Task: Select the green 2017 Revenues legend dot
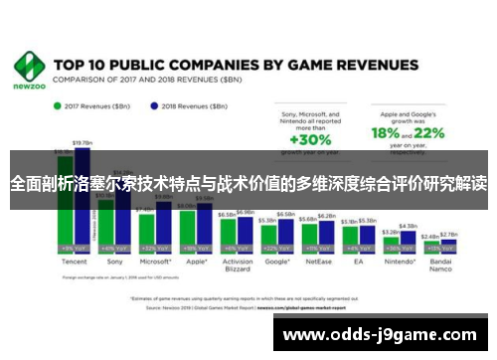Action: (x=58, y=104)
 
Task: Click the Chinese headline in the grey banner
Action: (x=248, y=184)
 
